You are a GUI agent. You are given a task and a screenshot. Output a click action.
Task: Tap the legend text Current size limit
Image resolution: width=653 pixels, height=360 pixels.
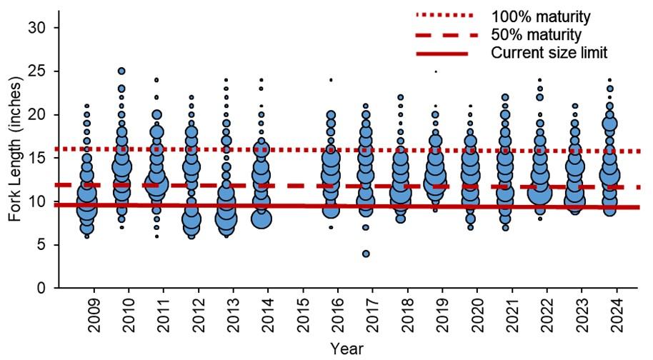[548, 53]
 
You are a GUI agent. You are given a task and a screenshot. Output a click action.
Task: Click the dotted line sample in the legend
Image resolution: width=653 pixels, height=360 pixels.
[444, 15]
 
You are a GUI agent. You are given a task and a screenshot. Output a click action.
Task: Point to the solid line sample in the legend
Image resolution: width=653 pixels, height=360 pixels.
[444, 54]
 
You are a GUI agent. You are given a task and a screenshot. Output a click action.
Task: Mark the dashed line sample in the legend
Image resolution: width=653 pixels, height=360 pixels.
[444, 34]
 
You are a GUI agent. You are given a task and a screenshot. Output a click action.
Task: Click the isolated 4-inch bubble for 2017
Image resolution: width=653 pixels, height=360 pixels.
[365, 254]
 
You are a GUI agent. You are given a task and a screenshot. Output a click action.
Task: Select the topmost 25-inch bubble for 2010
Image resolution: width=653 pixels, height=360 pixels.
[121, 71]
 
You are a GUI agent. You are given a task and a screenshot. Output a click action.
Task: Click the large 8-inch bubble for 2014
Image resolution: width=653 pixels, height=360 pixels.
[261, 219]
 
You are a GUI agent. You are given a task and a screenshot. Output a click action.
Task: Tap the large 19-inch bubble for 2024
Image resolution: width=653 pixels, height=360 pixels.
[609, 124]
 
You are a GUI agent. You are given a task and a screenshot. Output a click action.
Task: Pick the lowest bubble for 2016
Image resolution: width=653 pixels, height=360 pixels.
[331, 227]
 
